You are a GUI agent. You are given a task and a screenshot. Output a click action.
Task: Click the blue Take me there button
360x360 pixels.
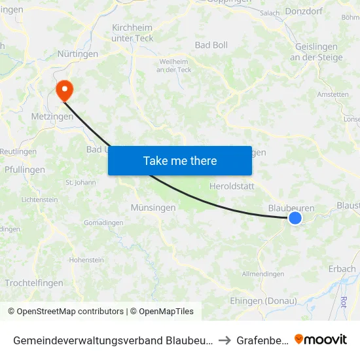pyautogui.click(x=180, y=160)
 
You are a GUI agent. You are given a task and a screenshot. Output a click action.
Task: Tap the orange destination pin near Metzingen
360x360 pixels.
pyautogui.click(x=64, y=90)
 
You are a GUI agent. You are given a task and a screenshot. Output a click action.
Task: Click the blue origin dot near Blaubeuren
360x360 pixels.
pyautogui.click(x=295, y=218)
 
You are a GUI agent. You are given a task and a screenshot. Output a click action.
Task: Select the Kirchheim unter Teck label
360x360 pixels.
pyautogui.click(x=133, y=33)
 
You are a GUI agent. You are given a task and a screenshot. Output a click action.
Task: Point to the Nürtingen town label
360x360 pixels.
pyautogui.click(x=78, y=54)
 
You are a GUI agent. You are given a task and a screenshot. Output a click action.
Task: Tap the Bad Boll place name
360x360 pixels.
pyautogui.click(x=211, y=45)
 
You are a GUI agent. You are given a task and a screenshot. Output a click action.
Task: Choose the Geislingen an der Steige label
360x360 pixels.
pyautogui.click(x=316, y=52)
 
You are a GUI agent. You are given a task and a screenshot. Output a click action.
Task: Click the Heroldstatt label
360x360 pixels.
pyautogui.click(x=232, y=187)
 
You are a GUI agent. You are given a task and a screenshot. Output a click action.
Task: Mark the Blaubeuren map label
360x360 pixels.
pyautogui.click(x=291, y=208)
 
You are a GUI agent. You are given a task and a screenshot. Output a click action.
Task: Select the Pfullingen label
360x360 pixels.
pyautogui.click(x=24, y=170)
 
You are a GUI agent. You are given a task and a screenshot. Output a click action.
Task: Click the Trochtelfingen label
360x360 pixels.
pyautogui.click(x=34, y=283)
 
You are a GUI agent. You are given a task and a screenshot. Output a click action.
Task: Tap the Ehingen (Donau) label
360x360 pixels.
pyautogui.click(x=263, y=301)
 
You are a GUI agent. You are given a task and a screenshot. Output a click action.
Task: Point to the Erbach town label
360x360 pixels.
pyautogui.click(x=342, y=268)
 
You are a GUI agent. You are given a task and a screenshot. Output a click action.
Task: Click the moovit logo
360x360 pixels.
pyautogui.click(x=321, y=339)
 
